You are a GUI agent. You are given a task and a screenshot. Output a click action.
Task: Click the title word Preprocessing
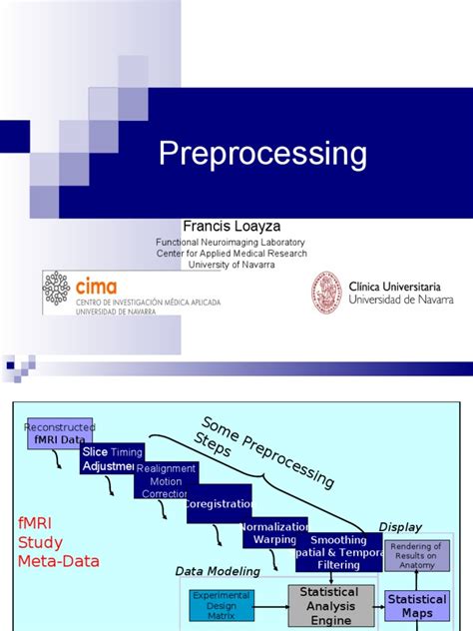point(263,155)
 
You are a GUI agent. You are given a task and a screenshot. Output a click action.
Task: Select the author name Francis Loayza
point(231,226)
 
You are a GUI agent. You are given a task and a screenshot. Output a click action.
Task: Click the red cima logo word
point(96,286)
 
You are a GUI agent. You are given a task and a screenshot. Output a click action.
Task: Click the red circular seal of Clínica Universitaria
point(326,293)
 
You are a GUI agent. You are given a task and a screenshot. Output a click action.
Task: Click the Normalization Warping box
point(274,532)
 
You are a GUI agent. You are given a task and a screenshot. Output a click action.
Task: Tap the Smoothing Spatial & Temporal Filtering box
point(337,552)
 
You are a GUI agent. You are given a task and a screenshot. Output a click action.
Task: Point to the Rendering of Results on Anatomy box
point(417,554)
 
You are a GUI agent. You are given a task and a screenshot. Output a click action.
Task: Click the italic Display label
point(400,526)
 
